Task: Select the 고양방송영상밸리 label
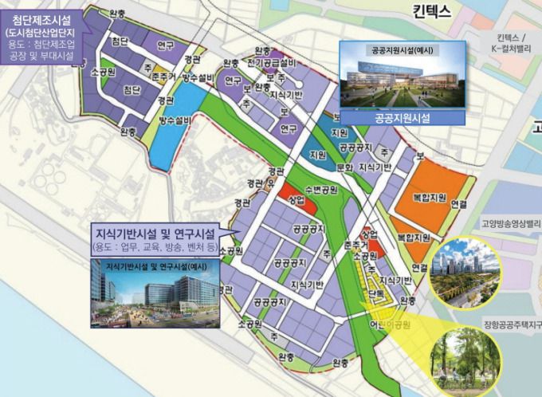pos(510,225)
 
